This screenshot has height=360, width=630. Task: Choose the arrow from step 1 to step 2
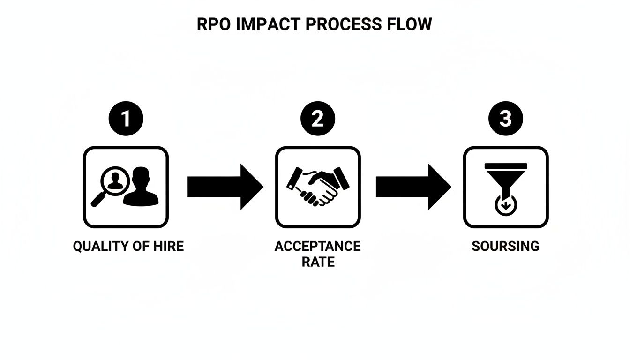coord(225,187)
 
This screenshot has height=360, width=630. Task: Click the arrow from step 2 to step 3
coord(413,187)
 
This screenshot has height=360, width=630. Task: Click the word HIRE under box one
coord(168,246)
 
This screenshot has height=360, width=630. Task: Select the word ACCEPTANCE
coord(317,246)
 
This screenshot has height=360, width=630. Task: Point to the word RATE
coord(318,262)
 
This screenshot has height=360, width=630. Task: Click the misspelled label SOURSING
coord(505,246)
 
